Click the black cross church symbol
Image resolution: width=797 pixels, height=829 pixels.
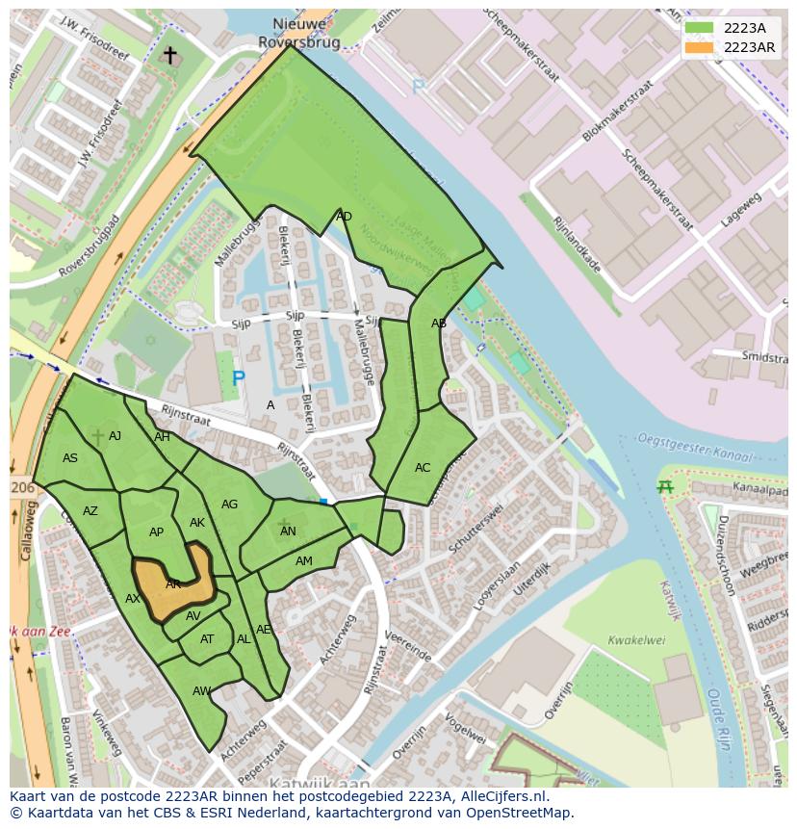[170, 56]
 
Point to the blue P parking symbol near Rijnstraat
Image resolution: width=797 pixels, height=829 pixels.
[239, 378]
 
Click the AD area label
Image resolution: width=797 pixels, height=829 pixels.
[344, 217]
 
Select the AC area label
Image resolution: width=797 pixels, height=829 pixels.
[423, 468]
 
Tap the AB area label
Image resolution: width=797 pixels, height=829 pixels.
[439, 324]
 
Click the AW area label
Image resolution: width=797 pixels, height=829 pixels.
[201, 691]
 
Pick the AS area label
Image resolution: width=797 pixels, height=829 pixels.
[70, 458]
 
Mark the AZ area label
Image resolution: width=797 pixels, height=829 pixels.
[90, 511]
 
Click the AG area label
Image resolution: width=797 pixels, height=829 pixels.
[229, 505]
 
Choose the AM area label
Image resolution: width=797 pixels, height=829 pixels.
[304, 561]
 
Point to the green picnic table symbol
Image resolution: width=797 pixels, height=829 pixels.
[664, 487]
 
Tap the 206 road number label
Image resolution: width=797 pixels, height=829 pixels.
[22, 488]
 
